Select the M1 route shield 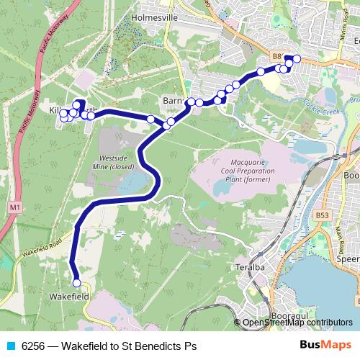pos(15,208)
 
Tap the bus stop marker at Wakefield pos(76,283)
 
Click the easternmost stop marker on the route pos(297,58)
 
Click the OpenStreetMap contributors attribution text pos(297,323)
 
